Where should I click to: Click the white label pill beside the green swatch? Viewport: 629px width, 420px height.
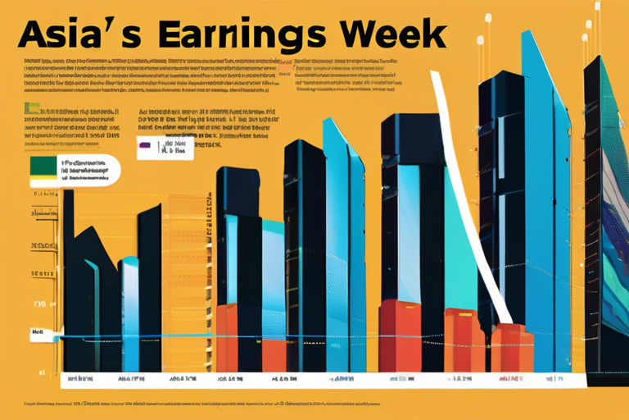point(87,168)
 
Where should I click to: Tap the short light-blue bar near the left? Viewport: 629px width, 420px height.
point(130,312)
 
